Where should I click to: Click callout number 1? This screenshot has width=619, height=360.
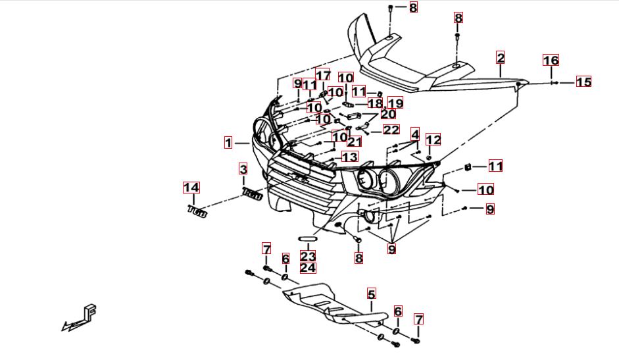coord(228,142)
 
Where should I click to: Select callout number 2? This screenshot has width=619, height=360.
coord(501,58)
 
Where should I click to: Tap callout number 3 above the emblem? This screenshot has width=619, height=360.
coord(243,169)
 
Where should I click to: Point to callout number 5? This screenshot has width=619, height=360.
coord(371,294)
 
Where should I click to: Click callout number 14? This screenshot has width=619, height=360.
coord(191,188)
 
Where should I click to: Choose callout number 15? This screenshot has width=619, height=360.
coord(583,82)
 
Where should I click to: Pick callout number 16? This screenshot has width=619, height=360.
coord(551,61)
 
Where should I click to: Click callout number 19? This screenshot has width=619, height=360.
coord(395,103)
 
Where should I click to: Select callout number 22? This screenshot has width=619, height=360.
coord(391,130)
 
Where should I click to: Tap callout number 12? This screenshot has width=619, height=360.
coord(433,140)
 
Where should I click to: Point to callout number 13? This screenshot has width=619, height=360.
coord(349,157)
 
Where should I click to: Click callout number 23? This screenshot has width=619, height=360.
coord(308,256)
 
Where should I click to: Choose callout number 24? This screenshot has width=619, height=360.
coord(308,268)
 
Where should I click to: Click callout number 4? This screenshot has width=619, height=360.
coord(414,134)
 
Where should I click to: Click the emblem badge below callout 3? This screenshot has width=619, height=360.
coord(253,194)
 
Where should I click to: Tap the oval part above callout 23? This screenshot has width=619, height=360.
coord(308,238)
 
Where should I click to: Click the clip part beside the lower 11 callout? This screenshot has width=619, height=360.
coord(467,166)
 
